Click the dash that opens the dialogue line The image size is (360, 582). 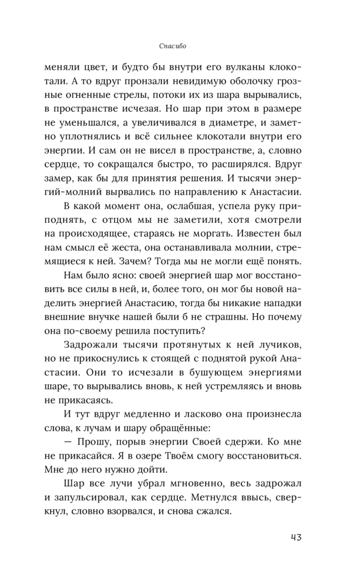67,443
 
